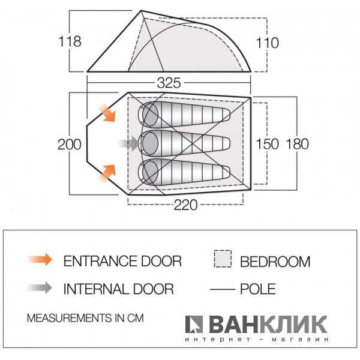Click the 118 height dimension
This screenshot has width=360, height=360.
70,41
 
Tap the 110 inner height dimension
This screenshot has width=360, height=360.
267,43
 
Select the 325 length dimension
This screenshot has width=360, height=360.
169,83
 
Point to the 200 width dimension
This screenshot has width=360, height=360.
70,145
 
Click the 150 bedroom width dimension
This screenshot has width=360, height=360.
267,144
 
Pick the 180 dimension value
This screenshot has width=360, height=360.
298,144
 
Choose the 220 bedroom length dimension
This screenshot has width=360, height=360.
185,205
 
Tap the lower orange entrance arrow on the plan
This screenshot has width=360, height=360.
107,173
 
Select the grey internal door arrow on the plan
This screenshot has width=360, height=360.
129,143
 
